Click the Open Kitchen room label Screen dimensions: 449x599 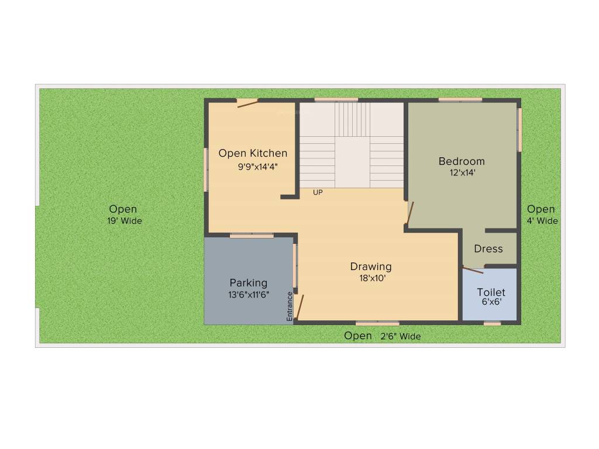(253, 153)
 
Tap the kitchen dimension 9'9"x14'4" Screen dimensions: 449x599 (257, 166)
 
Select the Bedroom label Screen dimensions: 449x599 (462, 161)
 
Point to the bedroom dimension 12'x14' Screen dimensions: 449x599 (462, 173)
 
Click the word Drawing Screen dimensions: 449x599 (371, 267)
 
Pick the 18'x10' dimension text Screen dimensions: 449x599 (372, 278)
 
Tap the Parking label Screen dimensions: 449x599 (248, 283)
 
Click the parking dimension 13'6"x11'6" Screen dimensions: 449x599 (249, 295)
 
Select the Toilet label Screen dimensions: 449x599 (491, 292)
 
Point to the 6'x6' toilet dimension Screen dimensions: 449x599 (491, 302)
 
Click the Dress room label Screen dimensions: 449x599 (488, 248)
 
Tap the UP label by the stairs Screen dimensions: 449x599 (318, 192)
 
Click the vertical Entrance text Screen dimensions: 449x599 (290, 306)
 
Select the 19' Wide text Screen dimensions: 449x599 (124, 221)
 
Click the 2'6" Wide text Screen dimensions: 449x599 (401, 336)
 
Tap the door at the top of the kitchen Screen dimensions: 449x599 (247, 103)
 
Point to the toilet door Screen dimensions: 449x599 (473, 270)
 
